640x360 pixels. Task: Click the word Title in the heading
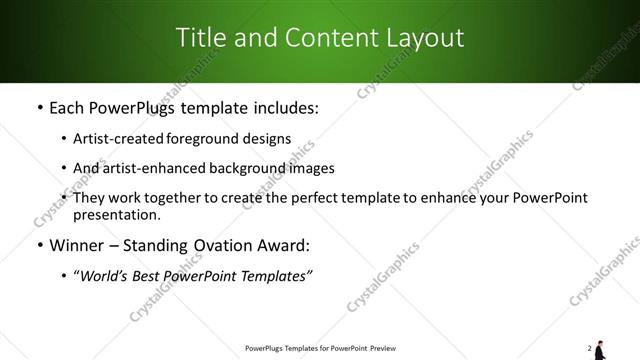pos(200,39)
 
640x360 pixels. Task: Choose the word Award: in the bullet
pos(285,245)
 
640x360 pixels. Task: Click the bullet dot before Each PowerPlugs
pos(39,107)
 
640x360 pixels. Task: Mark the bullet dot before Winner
pos(39,245)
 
